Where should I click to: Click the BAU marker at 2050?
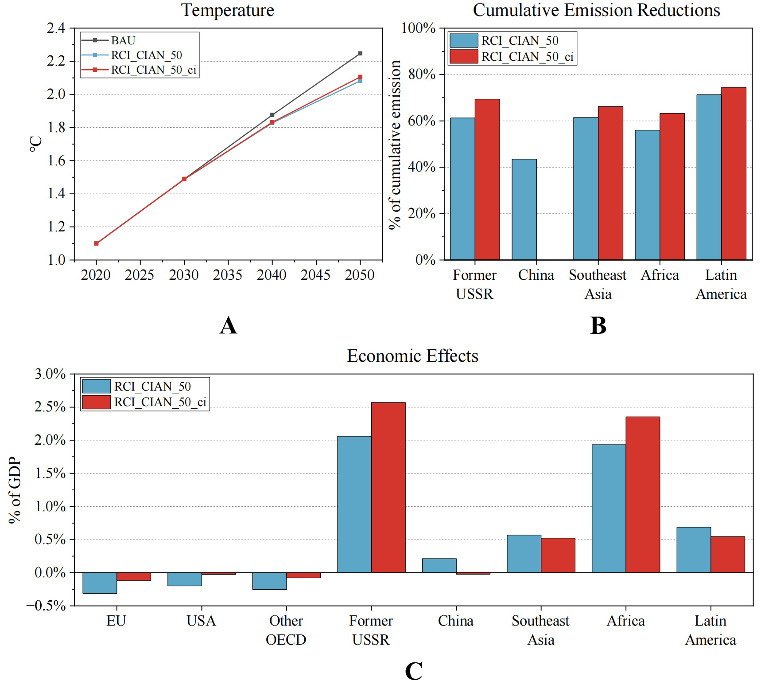360,54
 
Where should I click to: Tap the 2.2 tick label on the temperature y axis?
56,61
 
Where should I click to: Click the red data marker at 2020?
96,243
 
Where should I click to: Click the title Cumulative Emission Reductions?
596,10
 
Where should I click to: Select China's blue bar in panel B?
524,209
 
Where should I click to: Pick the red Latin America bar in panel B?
734,174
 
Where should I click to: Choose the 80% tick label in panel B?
422,74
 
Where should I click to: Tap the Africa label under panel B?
660,275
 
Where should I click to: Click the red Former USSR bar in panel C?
388,488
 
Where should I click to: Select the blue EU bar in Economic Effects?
100,583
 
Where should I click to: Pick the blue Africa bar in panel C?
609,509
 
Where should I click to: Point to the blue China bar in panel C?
439,565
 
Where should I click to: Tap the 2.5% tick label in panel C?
50,407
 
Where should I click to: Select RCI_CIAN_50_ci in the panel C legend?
160,402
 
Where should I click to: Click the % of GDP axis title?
15,490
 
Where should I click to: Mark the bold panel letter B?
598,326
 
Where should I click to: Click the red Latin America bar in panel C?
727,554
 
